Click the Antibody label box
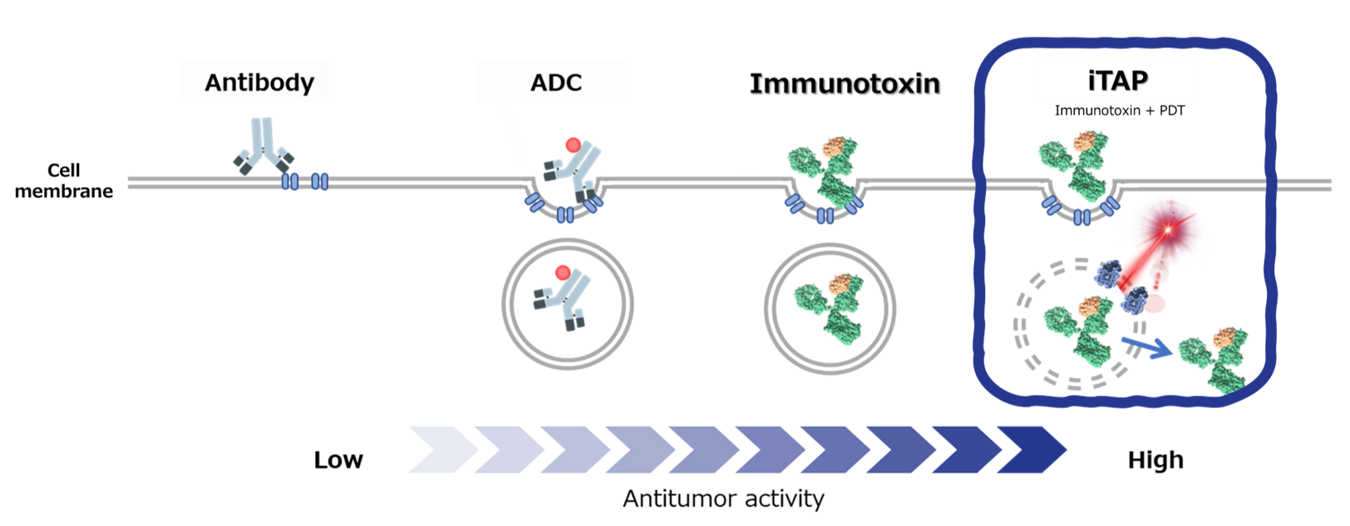[253, 81]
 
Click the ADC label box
[549, 81]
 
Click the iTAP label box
[1116, 80]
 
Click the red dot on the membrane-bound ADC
[573, 145]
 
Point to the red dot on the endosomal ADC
[563, 273]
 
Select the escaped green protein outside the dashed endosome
[1215, 357]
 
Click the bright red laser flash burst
[1168, 229]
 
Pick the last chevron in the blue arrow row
[1031, 450]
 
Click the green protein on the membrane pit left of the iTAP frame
[823, 170]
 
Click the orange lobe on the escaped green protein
[1225, 337]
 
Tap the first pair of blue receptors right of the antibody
[290, 181]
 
